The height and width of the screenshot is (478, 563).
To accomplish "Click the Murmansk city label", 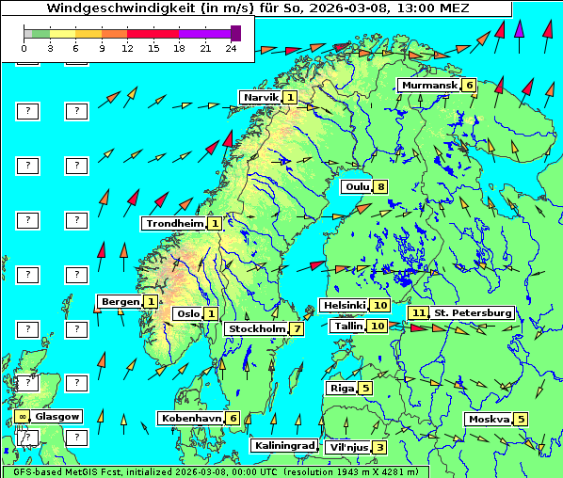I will tap(428, 86).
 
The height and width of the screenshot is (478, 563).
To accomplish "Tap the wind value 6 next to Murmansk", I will tap(469, 86).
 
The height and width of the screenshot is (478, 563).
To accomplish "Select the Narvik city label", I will tap(261, 98).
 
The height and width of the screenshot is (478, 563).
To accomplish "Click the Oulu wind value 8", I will tap(380, 186).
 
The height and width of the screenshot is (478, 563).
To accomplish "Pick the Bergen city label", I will tap(120, 302).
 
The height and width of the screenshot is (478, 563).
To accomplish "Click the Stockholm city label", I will tap(256, 329).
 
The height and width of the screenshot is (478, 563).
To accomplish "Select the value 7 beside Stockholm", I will tap(297, 329).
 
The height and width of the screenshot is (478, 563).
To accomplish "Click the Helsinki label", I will tap(343, 306).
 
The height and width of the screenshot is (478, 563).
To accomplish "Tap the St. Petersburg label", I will tap(472, 312).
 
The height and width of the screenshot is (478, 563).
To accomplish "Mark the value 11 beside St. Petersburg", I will tap(417, 312).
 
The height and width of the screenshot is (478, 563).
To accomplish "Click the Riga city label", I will tap(340, 388).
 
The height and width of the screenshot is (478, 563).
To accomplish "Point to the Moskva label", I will tap(488, 420).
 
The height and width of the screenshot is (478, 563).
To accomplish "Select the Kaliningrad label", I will tap(283, 446).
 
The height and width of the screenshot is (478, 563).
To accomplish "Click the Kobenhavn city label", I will tap(190, 418).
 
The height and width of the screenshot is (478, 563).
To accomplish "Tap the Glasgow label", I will tap(58, 416).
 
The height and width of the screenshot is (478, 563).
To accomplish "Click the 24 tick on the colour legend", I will tap(232, 47).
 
